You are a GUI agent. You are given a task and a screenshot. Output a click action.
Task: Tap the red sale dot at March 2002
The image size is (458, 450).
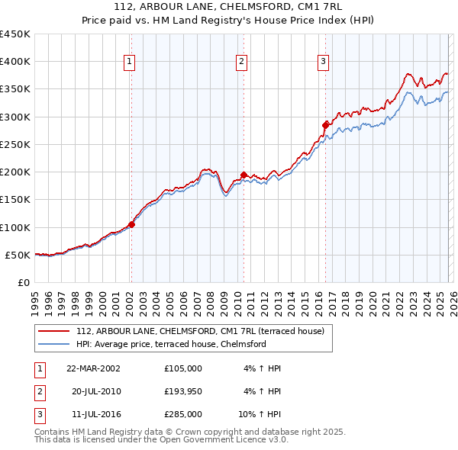click(x=131, y=224)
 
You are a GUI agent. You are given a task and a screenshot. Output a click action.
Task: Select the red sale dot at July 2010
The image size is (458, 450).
click(x=244, y=175)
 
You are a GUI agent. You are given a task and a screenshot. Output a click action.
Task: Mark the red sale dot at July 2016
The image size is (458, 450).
click(x=325, y=124)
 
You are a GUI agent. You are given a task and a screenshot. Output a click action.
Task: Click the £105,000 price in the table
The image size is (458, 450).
click(x=183, y=368)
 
